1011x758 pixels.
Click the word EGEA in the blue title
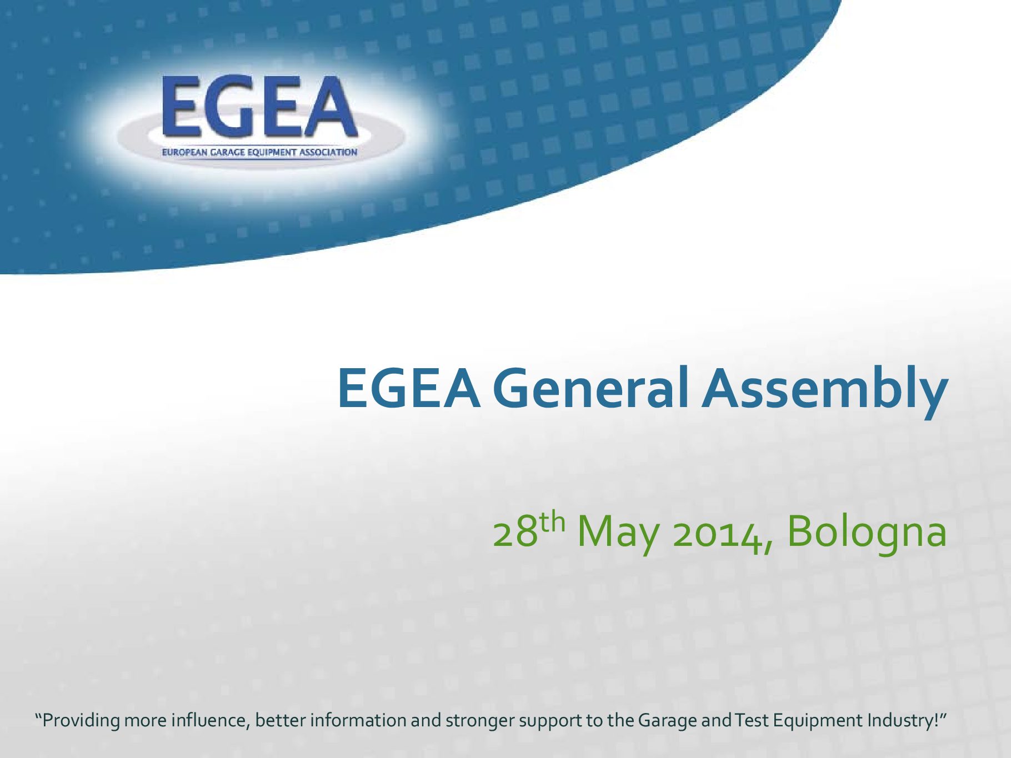409,388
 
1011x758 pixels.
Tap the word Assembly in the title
824,391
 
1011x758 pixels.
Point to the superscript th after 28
553,523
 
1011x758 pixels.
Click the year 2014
722,534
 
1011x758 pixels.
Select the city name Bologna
867,533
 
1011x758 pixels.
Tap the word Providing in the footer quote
81,721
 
